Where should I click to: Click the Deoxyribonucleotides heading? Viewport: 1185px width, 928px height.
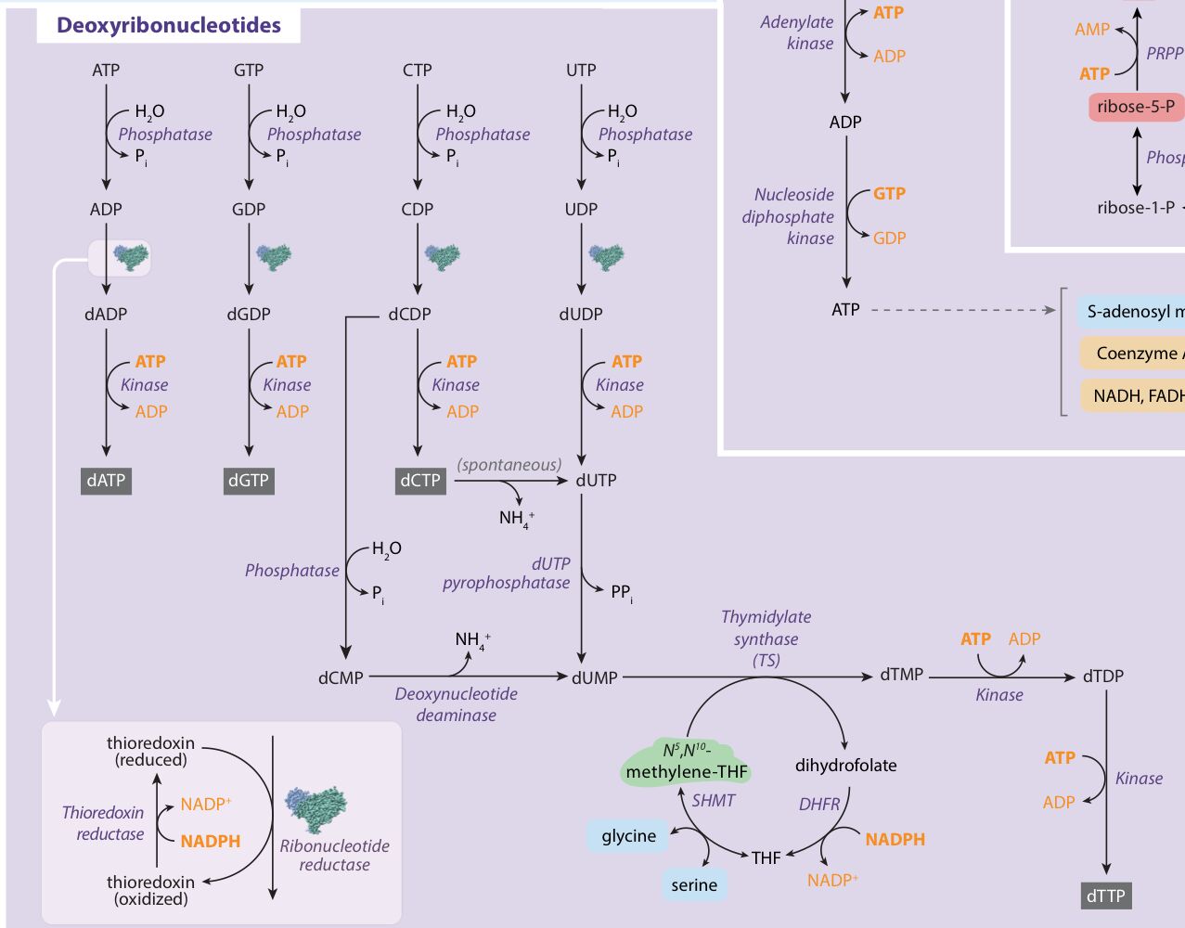coord(168,25)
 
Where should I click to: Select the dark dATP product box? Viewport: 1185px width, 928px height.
coord(106,481)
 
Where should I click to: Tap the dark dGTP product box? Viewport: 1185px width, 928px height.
coord(249,481)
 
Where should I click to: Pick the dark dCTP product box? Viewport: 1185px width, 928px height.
coord(420,481)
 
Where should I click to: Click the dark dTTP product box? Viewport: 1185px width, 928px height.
coord(1105,896)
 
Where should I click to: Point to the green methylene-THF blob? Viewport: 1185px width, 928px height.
coord(687,762)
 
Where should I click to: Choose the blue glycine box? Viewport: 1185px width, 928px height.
coord(628,836)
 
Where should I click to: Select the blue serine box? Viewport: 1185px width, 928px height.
coord(694,885)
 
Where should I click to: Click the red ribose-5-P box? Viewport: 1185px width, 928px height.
coord(1135,107)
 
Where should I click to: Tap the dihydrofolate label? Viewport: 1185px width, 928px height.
coord(845,766)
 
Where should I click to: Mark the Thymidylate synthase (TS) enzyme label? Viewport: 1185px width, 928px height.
coord(766,638)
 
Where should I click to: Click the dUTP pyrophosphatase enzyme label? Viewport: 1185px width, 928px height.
coord(507,574)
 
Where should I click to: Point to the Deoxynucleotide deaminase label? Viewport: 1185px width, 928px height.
coord(456,704)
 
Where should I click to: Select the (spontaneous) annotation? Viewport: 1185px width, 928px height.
coord(509,465)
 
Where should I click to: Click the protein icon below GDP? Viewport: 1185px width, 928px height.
coord(274,257)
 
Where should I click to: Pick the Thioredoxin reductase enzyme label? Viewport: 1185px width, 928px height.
coord(103,823)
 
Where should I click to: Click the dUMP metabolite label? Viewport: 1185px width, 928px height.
coord(595,677)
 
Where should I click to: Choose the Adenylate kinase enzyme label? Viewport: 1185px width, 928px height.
coord(797,32)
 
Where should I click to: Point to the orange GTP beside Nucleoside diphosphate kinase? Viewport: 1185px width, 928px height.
coord(889,193)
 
